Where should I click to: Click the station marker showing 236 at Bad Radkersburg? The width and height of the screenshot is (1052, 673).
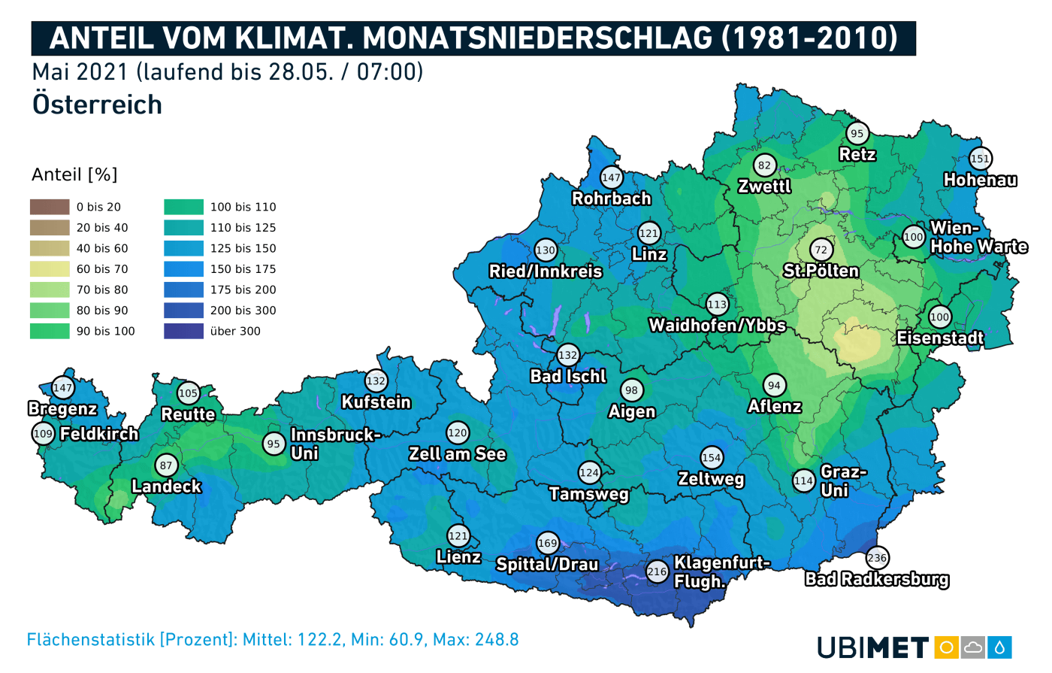pyautogui.click(x=877, y=557)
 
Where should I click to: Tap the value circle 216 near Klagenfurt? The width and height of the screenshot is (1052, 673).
pyautogui.click(x=657, y=571)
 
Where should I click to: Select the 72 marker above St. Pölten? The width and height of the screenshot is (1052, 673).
pyautogui.click(x=821, y=250)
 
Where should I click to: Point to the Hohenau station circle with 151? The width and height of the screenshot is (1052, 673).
pyautogui.click(x=980, y=159)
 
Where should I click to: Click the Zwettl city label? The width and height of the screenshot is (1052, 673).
pyautogui.click(x=764, y=186)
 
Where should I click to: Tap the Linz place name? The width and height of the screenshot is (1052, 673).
pyautogui.click(x=649, y=254)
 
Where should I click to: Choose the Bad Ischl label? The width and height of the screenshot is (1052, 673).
pyautogui.click(x=568, y=376)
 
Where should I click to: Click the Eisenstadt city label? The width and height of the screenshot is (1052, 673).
pyautogui.click(x=940, y=338)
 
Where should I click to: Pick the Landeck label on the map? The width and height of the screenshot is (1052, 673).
pyautogui.click(x=166, y=487)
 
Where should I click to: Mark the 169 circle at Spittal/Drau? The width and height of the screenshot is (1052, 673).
pyautogui.click(x=548, y=543)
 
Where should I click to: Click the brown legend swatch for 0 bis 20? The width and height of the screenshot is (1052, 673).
pyautogui.click(x=50, y=207)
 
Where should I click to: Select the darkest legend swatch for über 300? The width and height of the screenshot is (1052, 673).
pyautogui.click(x=183, y=331)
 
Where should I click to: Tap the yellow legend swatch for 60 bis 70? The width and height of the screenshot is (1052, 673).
pyautogui.click(x=50, y=268)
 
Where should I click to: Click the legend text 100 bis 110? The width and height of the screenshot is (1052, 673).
pyautogui.click(x=243, y=207)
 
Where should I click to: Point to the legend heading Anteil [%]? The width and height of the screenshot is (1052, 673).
pyautogui.click(x=74, y=174)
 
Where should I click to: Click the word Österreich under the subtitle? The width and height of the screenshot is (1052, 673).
pyautogui.click(x=97, y=105)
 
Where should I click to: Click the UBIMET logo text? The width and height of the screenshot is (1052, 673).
pyautogui.click(x=873, y=647)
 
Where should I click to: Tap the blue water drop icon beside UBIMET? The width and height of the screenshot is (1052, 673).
pyautogui.click(x=1000, y=647)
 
